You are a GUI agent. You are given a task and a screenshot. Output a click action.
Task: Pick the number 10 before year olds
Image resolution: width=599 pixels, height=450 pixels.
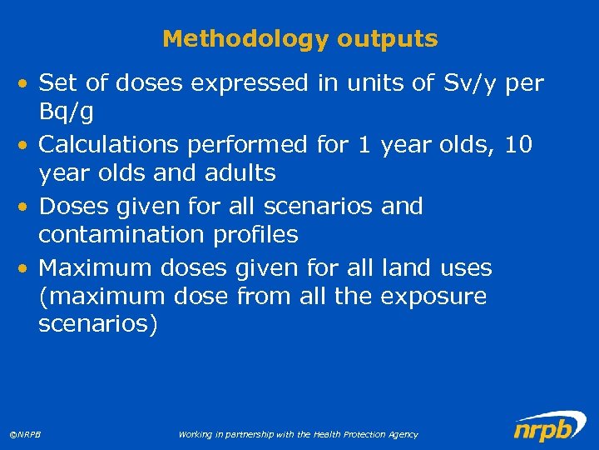(x=518, y=145)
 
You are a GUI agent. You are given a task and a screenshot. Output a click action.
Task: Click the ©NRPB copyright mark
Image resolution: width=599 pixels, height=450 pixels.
(x=26, y=435)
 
